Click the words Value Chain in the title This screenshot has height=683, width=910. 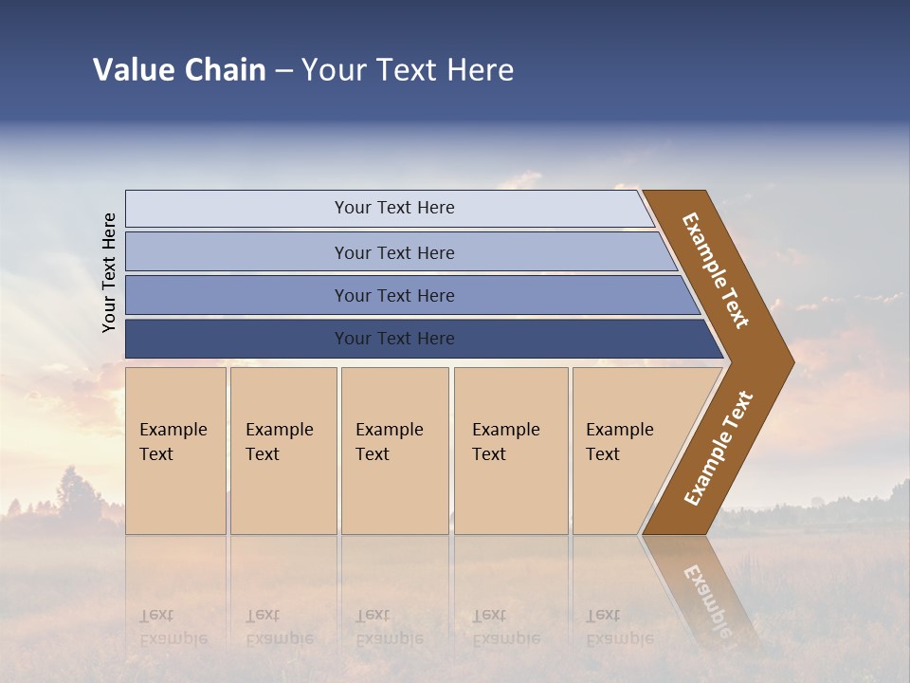pyautogui.click(x=179, y=70)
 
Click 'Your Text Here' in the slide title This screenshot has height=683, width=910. pyautogui.click(x=408, y=70)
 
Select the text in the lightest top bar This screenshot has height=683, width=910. pyautogui.click(x=394, y=208)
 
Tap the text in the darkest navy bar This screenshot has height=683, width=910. pyautogui.click(x=394, y=339)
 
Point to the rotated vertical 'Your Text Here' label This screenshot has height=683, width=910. pyautogui.click(x=109, y=272)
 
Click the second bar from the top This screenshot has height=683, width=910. pyautogui.click(x=394, y=252)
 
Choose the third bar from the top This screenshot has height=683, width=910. pyautogui.click(x=394, y=296)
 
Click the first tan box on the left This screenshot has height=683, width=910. pyautogui.click(x=175, y=451)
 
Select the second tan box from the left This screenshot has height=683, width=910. pyautogui.click(x=283, y=451)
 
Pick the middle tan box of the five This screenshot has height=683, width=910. pyautogui.click(x=394, y=451)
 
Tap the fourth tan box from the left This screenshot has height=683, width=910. pyautogui.click(x=511, y=451)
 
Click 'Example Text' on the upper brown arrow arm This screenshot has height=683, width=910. pyautogui.click(x=716, y=270)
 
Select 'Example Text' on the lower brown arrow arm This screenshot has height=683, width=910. pyautogui.click(x=719, y=449)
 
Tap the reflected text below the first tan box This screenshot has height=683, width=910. pyautogui.click(x=173, y=627)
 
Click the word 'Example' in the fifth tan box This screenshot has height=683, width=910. pyautogui.click(x=619, y=430)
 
